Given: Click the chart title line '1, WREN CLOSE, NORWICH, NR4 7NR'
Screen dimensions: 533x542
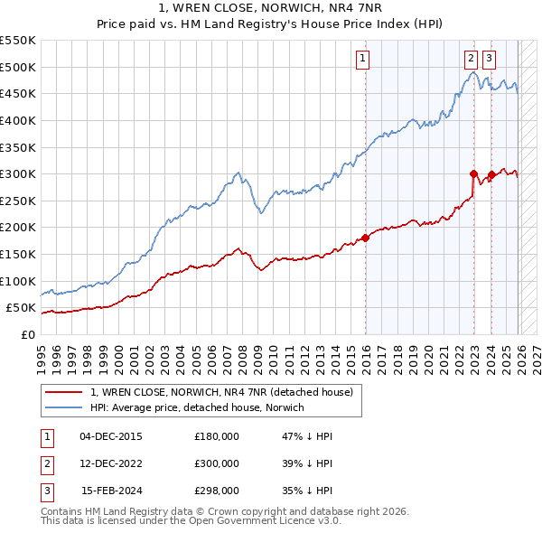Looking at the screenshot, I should click(x=271, y=8).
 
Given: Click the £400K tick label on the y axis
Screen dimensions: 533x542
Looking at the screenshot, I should click(x=18, y=120).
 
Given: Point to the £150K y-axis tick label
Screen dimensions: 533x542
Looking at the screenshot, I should click(x=18, y=254).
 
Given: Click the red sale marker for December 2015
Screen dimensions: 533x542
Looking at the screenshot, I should click(x=366, y=238).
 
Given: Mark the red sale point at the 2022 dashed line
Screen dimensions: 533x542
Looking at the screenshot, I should click(x=474, y=173).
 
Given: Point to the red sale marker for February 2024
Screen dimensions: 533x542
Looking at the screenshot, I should click(x=491, y=175).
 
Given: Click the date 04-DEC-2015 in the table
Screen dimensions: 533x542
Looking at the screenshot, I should click(x=111, y=436).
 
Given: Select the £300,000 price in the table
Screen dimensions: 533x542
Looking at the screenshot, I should click(x=217, y=463).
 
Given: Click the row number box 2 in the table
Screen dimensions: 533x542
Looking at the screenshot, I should click(x=46, y=463).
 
